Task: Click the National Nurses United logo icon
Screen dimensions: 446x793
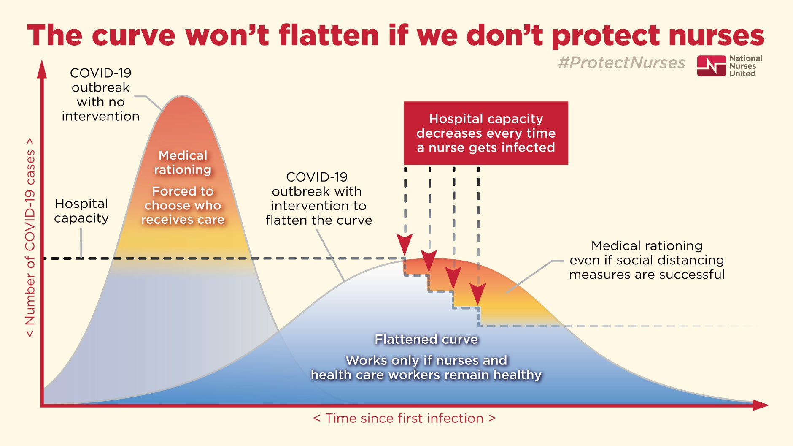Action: [x=711, y=66]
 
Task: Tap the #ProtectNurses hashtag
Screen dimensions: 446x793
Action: [x=621, y=63]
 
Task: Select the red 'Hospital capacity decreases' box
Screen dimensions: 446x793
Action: [x=486, y=133]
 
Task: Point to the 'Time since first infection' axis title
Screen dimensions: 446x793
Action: [x=404, y=418]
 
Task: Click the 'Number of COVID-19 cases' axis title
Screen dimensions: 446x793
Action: [x=30, y=237]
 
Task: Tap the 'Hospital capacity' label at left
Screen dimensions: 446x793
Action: [x=81, y=211]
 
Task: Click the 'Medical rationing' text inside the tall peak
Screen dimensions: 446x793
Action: [x=183, y=163]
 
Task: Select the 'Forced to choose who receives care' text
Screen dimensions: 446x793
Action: [x=183, y=205]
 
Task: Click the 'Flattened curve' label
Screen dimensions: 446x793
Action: [x=426, y=339]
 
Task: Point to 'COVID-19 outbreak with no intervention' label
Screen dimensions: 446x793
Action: [x=100, y=95]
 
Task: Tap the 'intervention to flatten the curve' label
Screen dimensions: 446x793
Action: [x=318, y=199]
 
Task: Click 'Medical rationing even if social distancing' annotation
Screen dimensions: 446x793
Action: [x=647, y=260]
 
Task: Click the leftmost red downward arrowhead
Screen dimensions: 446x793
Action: [x=405, y=245]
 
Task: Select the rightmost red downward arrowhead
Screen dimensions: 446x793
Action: [x=478, y=294]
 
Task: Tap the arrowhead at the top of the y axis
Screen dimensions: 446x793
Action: [x=42, y=70]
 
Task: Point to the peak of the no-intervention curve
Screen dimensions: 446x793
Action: [x=182, y=97]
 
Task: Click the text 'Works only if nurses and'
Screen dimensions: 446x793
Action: [x=426, y=360]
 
